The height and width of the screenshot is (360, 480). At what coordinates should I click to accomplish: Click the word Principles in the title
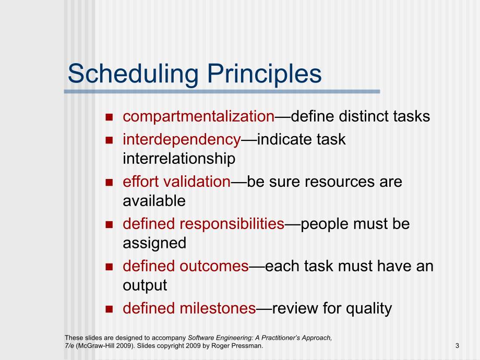coord(265,74)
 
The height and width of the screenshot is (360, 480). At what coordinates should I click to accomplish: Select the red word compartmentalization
coord(199,117)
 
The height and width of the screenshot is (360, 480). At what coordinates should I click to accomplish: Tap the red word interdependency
coord(182,140)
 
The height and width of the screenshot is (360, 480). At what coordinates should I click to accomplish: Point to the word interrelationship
coord(179,159)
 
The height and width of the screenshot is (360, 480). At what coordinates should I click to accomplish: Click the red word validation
coord(197,182)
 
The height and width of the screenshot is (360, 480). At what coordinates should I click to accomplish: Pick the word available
coord(154,201)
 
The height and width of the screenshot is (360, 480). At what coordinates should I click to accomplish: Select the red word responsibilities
coord(232,224)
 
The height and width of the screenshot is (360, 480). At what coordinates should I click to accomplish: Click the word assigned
coord(154,243)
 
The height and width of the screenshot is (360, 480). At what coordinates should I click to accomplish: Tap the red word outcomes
coord(214,266)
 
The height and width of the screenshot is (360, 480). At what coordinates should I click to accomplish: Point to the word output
coord(145,285)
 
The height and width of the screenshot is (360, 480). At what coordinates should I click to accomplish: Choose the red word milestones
coord(218,308)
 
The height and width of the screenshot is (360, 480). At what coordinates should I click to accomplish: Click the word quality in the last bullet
coord(369,308)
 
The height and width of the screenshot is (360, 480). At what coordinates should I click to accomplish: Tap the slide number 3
coord(458,346)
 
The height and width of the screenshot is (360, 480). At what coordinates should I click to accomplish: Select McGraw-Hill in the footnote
coord(91,346)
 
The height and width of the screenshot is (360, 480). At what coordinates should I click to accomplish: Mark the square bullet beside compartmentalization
coord(109,117)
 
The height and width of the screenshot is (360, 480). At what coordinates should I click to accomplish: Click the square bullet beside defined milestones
coord(109,309)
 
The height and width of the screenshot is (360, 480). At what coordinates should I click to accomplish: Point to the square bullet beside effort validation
coord(109,183)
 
